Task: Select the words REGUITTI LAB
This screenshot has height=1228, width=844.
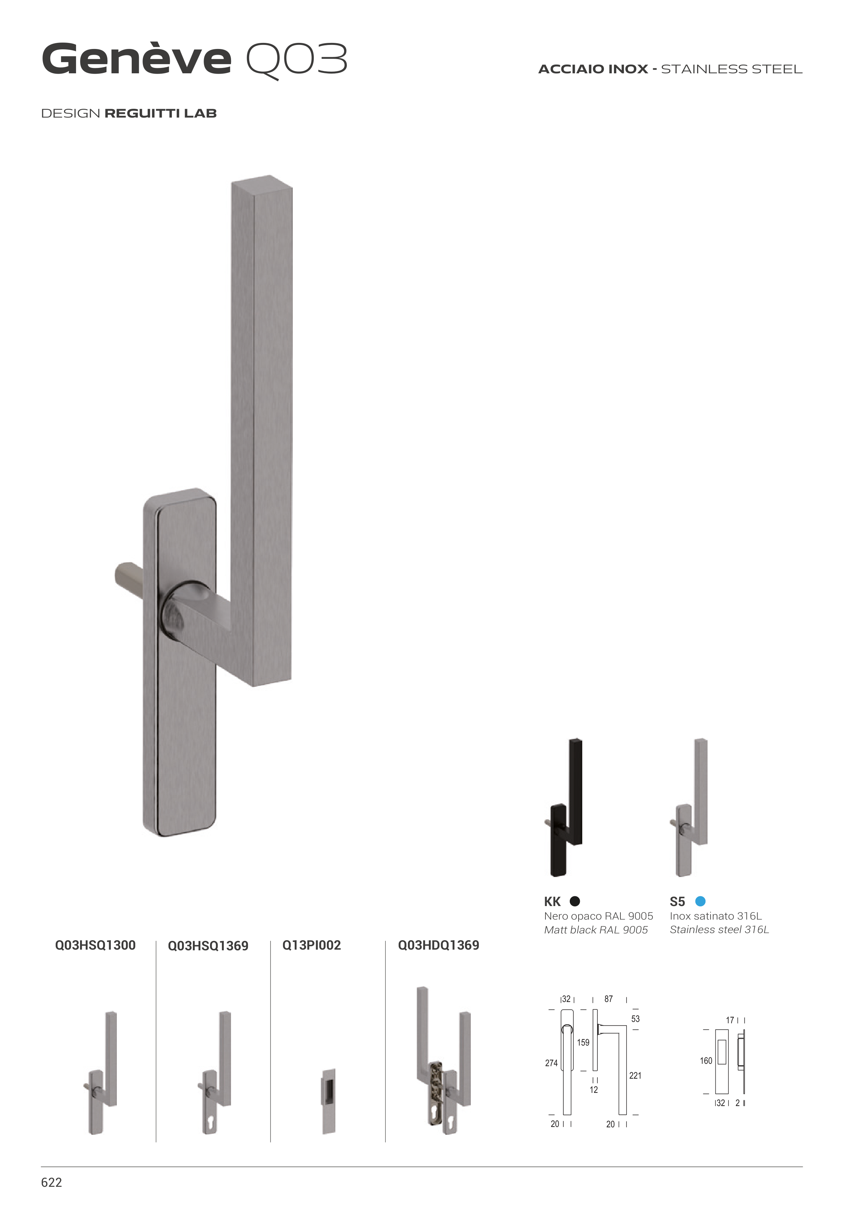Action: [x=161, y=114]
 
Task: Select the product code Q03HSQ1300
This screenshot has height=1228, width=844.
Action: [x=95, y=945]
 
